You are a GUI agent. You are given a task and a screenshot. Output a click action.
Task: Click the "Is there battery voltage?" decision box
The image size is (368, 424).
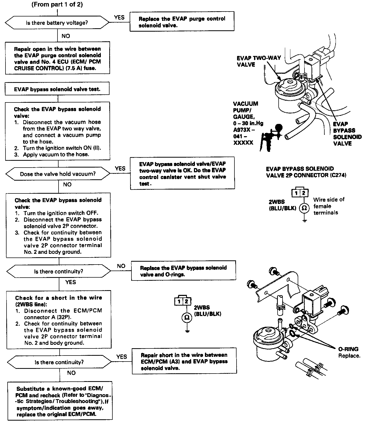(57, 23)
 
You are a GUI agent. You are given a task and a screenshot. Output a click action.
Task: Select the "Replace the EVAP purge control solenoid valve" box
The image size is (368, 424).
(182, 22)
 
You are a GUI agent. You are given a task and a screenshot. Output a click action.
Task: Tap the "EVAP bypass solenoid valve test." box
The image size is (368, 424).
(57, 89)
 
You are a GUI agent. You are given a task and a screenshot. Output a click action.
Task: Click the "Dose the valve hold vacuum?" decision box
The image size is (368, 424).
(58, 174)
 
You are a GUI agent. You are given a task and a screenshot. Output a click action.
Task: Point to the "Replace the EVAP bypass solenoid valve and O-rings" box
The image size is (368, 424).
(183, 271)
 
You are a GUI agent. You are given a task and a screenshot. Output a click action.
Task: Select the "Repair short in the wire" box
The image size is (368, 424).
(184, 362)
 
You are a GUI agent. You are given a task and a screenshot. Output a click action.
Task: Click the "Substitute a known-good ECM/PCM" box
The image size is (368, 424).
(60, 401)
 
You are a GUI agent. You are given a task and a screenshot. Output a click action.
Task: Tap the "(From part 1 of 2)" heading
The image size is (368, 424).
(57, 5)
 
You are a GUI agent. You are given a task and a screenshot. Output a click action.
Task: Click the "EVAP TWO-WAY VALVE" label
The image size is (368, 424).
(259, 61)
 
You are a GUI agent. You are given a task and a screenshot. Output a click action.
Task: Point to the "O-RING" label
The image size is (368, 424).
(348, 349)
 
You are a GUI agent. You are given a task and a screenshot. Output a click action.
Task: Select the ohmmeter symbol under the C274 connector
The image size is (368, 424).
(304, 208)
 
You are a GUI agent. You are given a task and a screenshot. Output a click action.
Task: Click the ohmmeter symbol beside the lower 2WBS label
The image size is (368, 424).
(187, 317)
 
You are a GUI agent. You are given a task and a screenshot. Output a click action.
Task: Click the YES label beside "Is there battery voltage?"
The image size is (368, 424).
(119, 17)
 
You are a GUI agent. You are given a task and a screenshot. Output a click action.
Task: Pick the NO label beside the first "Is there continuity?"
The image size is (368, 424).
(121, 266)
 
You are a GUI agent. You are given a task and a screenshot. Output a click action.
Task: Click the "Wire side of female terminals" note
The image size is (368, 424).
(329, 206)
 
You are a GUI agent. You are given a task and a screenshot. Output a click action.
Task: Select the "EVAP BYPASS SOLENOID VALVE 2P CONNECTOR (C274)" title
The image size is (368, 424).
(306, 172)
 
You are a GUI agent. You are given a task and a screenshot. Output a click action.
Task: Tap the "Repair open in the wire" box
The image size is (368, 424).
(57, 59)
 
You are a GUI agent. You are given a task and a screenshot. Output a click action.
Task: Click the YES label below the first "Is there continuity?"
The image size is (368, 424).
(71, 282)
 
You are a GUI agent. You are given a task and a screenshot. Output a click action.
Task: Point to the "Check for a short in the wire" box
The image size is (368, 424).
(59, 320)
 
